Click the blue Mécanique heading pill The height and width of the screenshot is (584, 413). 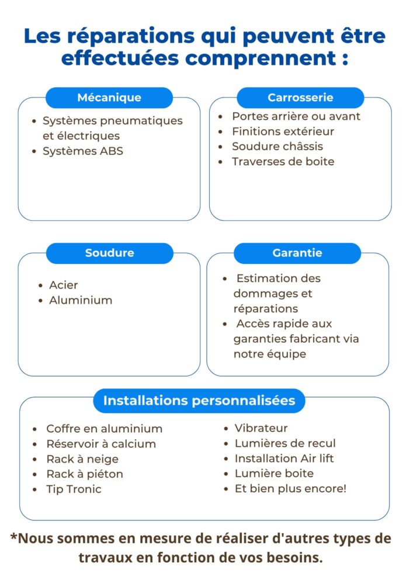click(109, 98)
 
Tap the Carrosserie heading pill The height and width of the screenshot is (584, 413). click(300, 98)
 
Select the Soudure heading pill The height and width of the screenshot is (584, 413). click(109, 253)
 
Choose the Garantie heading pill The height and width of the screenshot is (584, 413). click(297, 253)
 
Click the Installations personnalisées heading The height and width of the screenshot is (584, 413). click(199, 401)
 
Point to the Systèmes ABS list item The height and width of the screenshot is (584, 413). click(83, 151)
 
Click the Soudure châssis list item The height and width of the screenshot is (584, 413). click(277, 147)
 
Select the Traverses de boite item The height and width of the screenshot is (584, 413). click(283, 162)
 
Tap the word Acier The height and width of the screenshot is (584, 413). click(64, 285)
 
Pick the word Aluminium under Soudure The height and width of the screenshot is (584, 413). click(81, 300)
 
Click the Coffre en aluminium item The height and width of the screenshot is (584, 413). click(104, 429)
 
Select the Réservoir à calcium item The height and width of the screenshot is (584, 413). click(101, 444)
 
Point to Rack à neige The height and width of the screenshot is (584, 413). click(82, 459)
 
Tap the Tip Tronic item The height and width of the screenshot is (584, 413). click(74, 489)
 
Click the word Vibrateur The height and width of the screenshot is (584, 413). click(261, 428)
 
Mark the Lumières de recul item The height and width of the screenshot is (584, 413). click(285, 443)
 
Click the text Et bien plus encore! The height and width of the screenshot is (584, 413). click(290, 489)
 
